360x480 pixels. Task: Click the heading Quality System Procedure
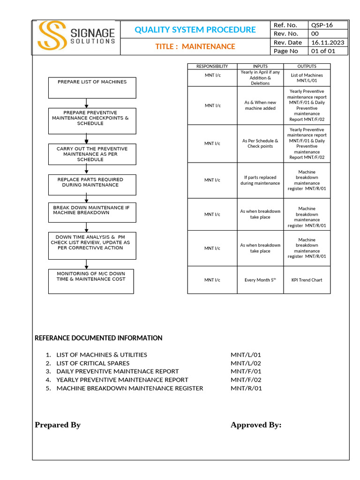point(195,30)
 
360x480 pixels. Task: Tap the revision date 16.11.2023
point(328,42)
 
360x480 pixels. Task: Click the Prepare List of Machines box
point(92,87)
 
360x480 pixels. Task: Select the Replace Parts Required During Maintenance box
point(92,185)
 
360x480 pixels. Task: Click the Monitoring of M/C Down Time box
point(91,281)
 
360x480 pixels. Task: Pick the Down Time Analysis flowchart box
point(92,245)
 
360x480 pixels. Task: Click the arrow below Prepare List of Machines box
point(86,103)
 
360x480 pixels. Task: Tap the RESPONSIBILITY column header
point(212,67)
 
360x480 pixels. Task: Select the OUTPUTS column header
point(307,67)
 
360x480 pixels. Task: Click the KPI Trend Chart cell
point(307,280)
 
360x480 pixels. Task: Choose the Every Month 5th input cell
point(260,280)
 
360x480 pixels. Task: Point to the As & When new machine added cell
point(260,105)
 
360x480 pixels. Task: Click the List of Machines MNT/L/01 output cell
point(307,78)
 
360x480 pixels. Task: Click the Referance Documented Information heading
point(98,338)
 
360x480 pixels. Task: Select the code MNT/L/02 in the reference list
point(246,363)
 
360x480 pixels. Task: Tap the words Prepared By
point(58,425)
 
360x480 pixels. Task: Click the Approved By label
point(256,425)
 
